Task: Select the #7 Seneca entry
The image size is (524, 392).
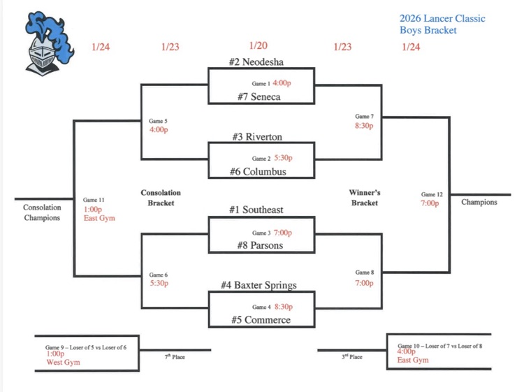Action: (x=258, y=96)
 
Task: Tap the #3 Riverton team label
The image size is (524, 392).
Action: (x=259, y=137)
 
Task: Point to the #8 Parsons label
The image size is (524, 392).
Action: (x=259, y=245)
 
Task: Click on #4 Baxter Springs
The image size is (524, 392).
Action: (x=261, y=284)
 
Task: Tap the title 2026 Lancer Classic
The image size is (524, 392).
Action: (x=442, y=18)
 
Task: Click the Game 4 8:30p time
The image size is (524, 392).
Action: (x=282, y=306)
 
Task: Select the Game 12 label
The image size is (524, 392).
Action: (x=432, y=194)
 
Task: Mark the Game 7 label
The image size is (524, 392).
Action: (x=364, y=117)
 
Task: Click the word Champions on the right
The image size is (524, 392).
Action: (x=479, y=202)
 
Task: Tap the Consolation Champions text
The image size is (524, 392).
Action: (x=42, y=212)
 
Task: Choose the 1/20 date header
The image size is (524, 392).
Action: (x=258, y=46)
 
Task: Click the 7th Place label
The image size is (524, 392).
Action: (x=175, y=357)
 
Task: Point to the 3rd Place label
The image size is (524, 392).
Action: (x=351, y=357)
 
